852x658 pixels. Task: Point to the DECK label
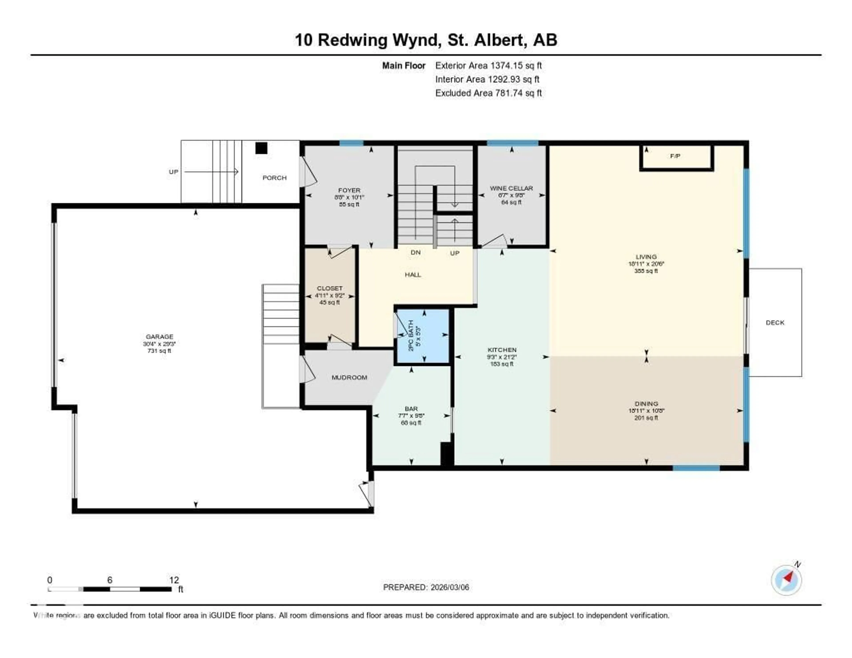pos(775,323)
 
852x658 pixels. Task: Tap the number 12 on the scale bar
pos(174,580)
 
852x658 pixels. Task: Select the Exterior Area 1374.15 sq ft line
pos(488,65)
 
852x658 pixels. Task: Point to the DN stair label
pos(416,253)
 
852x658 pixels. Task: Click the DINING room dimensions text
pos(646,411)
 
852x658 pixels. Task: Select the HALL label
pos(413,275)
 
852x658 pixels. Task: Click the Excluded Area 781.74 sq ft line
pos(488,93)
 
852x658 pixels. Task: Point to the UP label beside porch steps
pos(173,172)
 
